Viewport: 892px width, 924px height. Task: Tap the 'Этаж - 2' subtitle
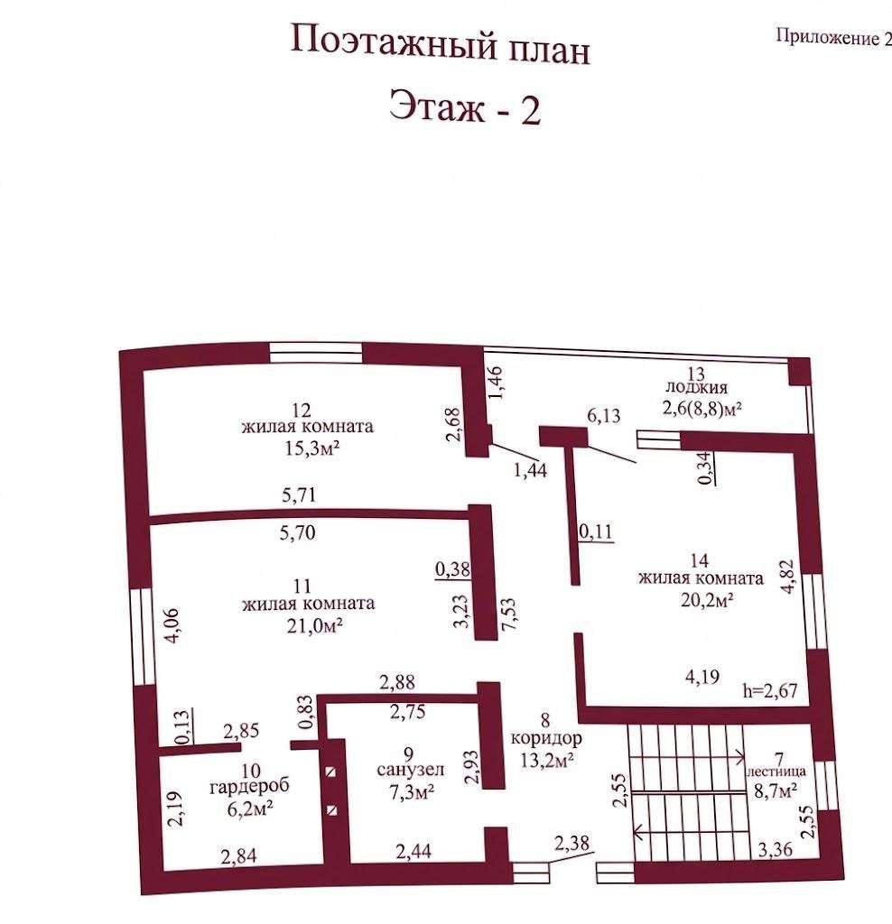coord(465,107)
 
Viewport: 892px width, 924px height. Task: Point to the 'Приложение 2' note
coord(833,38)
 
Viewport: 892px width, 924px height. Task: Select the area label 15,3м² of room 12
coord(312,448)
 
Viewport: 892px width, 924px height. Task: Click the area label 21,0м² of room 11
coord(315,625)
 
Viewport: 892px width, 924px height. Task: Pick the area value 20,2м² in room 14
coord(707,600)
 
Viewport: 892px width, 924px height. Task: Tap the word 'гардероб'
coord(249,787)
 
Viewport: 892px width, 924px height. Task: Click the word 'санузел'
coord(410,770)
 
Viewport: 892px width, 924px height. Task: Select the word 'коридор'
coord(546,738)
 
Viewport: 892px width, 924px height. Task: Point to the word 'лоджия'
coord(696,388)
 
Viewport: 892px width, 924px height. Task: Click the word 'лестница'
coord(776,772)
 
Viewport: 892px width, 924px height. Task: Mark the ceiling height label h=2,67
coord(770,690)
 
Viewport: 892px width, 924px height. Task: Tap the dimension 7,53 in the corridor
coord(508,614)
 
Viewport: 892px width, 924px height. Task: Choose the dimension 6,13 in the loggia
coord(604,415)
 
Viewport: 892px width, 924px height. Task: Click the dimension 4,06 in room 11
coord(172,625)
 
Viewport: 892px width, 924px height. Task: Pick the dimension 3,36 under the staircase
coord(775,849)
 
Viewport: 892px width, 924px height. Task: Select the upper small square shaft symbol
coord(331,772)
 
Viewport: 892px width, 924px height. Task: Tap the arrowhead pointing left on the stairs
coord(638,832)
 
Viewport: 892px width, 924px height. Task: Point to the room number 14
coord(699,560)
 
